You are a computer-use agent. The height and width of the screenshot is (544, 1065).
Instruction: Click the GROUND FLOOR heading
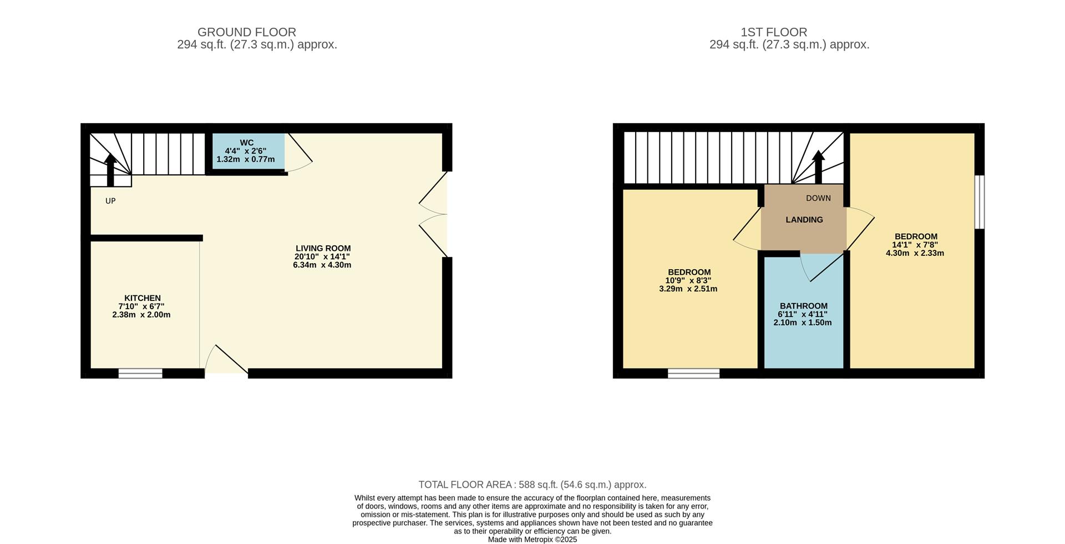point(246,32)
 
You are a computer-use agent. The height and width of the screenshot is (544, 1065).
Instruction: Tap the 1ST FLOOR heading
point(773,32)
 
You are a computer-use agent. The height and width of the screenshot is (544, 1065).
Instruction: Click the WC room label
point(246,143)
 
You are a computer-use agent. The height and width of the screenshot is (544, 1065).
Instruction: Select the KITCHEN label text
point(142,298)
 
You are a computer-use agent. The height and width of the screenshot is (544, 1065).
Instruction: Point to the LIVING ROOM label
point(323,248)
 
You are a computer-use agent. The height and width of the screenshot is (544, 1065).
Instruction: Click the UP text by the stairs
point(110,201)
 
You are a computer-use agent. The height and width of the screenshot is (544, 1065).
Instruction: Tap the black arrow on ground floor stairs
point(110,170)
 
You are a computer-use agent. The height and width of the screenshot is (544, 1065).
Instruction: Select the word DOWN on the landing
point(818,198)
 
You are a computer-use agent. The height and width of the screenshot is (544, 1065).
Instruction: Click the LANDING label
point(804,220)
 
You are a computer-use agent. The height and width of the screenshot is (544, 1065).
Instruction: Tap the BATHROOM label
point(803,306)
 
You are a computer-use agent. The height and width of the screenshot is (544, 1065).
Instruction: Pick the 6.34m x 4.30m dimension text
point(322,265)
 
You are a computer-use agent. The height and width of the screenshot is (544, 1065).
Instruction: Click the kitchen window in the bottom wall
point(140,373)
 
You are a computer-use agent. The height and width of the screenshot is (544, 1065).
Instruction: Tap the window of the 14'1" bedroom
point(980,202)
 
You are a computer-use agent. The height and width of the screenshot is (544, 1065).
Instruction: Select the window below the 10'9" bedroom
point(693,373)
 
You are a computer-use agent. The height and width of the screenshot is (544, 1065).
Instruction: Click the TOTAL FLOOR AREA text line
point(532,485)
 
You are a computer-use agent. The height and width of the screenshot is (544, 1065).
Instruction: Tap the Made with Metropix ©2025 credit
point(532,540)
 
